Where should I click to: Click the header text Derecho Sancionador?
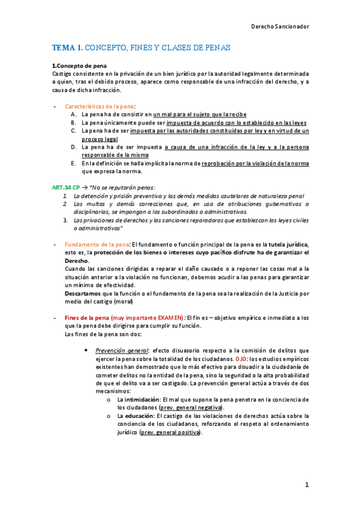(279, 26)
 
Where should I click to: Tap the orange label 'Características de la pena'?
(99, 105)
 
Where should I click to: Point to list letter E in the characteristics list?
(73, 163)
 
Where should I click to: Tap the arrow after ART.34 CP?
(85, 188)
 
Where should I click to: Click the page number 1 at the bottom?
(307, 484)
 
